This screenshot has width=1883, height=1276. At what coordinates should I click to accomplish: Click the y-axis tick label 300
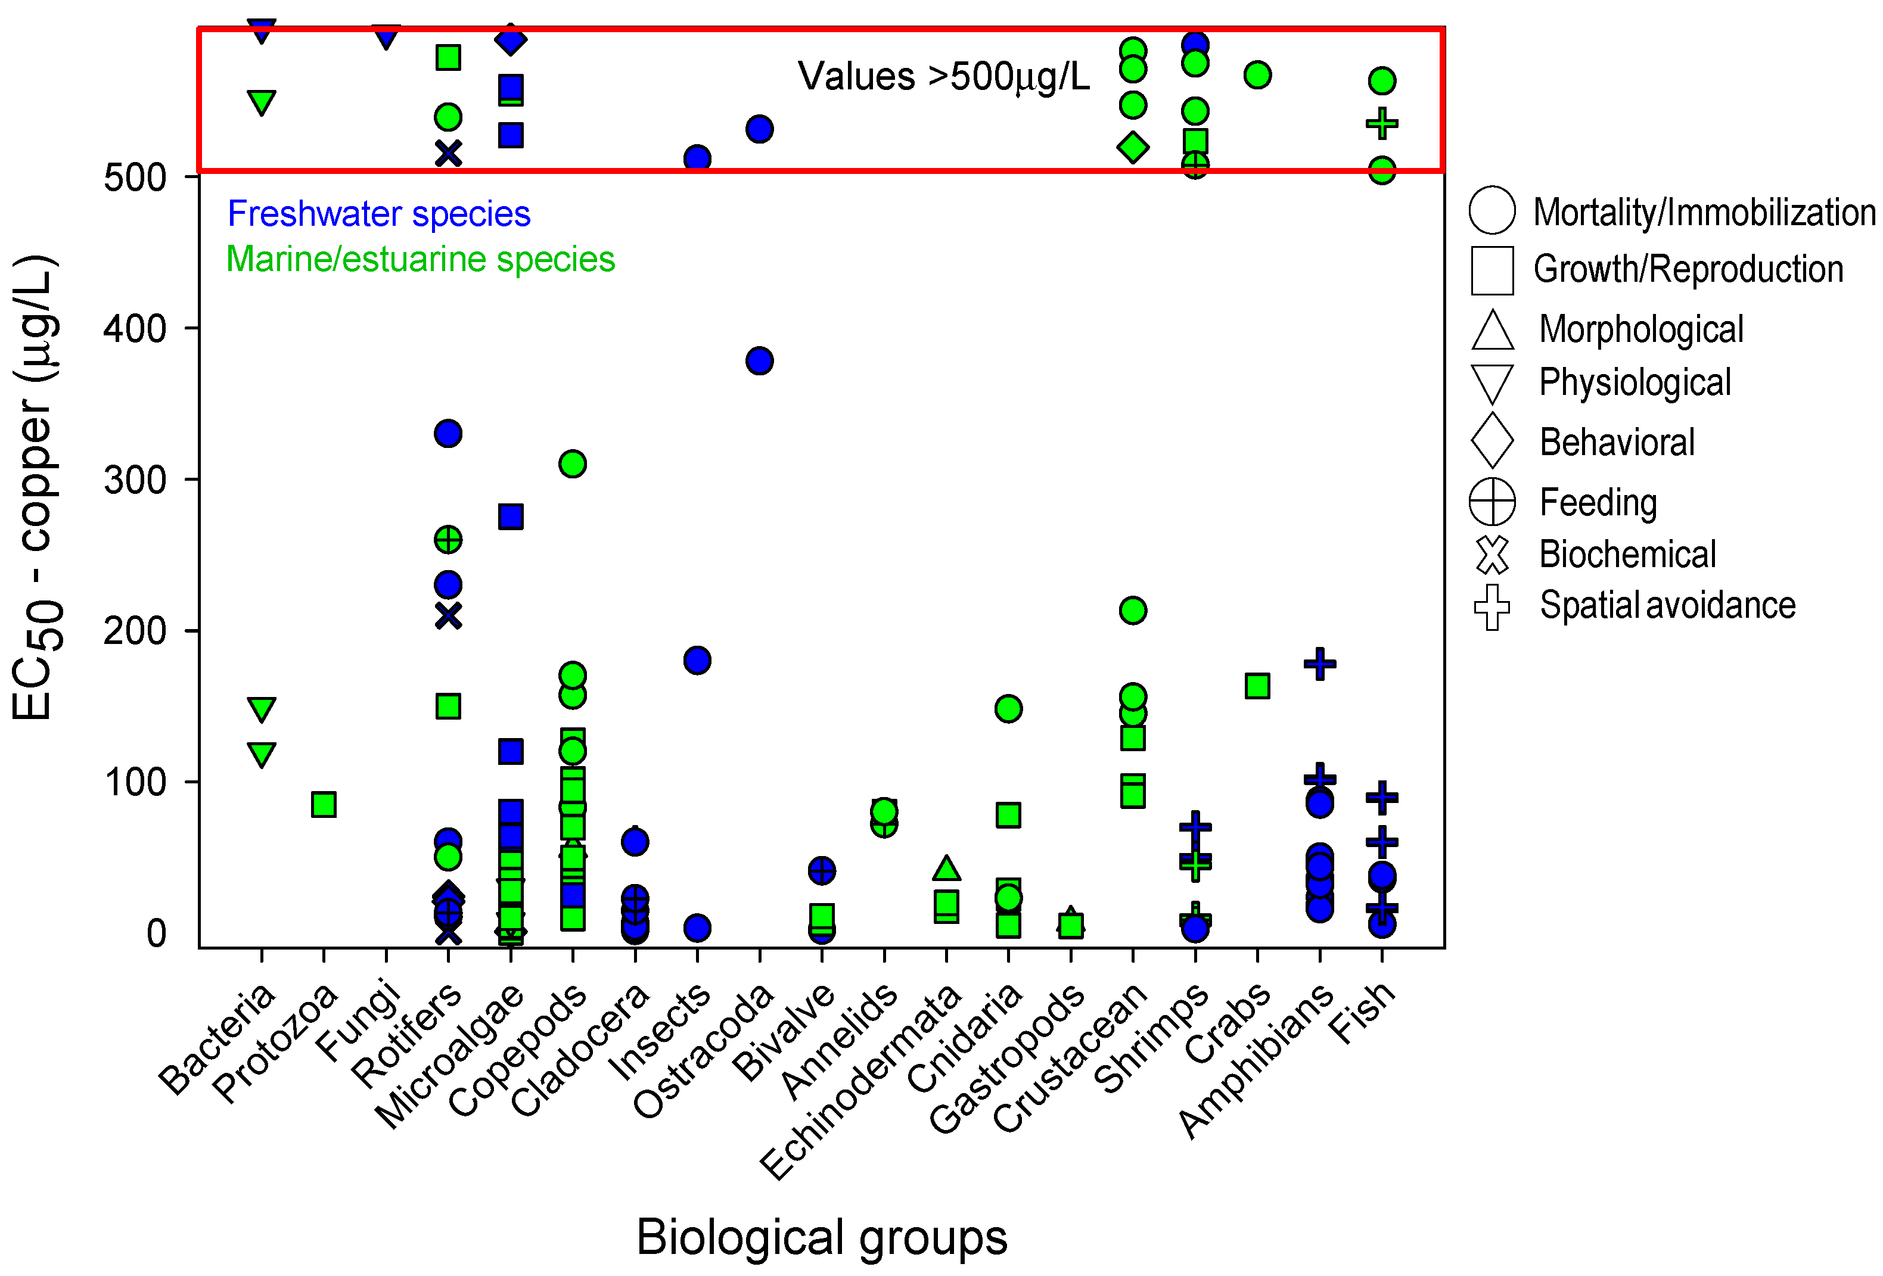click(x=135, y=480)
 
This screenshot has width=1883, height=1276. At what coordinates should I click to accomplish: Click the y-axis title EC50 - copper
click(x=34, y=487)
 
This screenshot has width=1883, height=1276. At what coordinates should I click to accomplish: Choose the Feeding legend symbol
click(x=1492, y=502)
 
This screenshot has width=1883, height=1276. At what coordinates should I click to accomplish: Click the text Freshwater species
click(x=378, y=214)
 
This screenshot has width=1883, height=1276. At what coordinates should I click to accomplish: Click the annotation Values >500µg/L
click(x=943, y=77)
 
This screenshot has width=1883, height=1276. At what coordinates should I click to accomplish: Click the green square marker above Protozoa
click(x=324, y=804)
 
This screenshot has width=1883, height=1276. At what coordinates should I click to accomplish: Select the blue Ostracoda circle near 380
click(x=759, y=360)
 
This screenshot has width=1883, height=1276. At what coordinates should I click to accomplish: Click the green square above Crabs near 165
click(x=1257, y=686)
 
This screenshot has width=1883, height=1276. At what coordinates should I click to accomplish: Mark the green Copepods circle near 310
click(x=573, y=464)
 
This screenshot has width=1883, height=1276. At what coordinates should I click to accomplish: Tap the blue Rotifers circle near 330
click(x=448, y=434)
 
